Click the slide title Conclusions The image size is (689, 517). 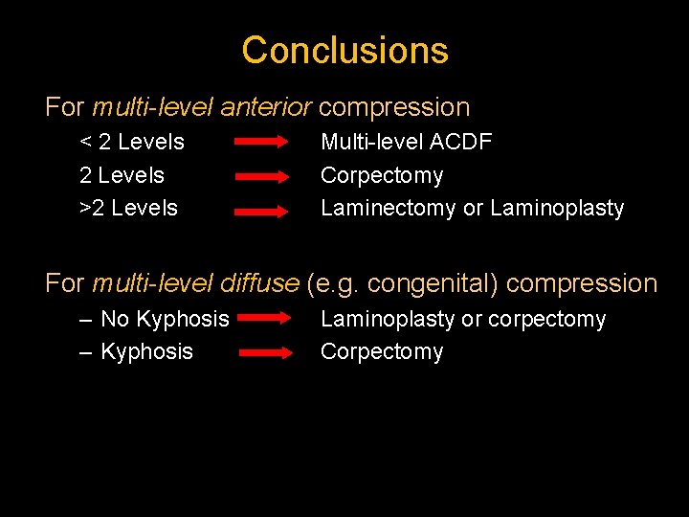(344, 50)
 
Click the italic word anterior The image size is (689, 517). (267, 107)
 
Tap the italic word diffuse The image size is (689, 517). (259, 283)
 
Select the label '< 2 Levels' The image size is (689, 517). (132, 143)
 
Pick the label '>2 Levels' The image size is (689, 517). (128, 208)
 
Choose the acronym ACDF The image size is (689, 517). (461, 143)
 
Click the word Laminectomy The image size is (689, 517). (388, 208)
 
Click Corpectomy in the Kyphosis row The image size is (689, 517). (382, 351)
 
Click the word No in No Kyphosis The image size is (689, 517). (114, 319)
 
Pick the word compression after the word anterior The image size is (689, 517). (394, 107)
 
